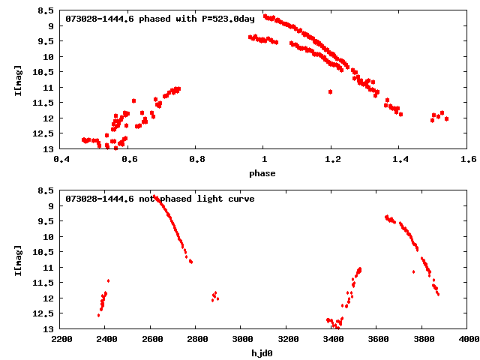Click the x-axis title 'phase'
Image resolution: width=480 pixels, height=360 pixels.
pos(264,173)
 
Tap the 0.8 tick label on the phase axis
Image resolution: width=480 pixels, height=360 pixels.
pos(196,159)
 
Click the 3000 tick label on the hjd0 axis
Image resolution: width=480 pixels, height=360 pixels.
pos(241,339)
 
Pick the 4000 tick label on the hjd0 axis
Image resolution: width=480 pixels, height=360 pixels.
pos(468,339)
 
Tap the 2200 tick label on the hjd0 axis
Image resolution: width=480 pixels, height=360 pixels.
pos(61,339)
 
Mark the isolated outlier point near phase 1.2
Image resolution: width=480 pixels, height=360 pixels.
pos(330,91)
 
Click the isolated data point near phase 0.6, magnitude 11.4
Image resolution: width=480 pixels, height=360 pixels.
pos(133,100)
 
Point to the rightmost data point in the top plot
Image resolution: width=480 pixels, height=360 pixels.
pos(446,118)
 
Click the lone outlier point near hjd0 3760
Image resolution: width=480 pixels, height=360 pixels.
pos(413,271)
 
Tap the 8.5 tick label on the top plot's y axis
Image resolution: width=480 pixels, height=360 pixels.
pos(46,11)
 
